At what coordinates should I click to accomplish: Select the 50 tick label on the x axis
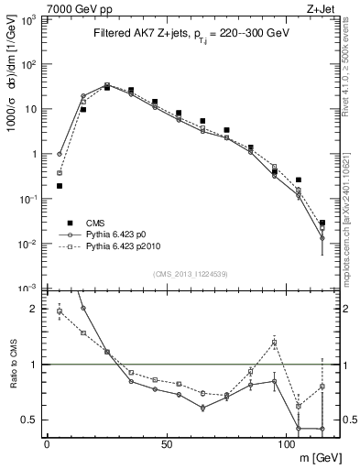coord(166,444)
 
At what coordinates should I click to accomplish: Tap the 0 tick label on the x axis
coord(47,444)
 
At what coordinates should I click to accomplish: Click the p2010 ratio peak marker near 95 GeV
coord(274,343)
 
